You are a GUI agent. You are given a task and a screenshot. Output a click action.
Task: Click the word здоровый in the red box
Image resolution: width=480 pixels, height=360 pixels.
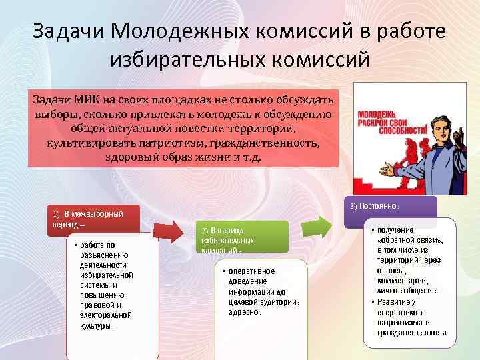pyautogui.click(x=131, y=157)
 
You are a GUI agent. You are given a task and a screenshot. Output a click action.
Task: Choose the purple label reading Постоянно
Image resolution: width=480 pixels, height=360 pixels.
pyautogui.click(x=393, y=207)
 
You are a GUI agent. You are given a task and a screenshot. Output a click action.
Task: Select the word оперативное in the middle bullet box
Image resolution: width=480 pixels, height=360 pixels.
pyautogui.click(x=252, y=271)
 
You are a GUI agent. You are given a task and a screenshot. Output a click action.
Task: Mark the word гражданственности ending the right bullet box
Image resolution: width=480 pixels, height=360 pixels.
pyautogui.click(x=411, y=332)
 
